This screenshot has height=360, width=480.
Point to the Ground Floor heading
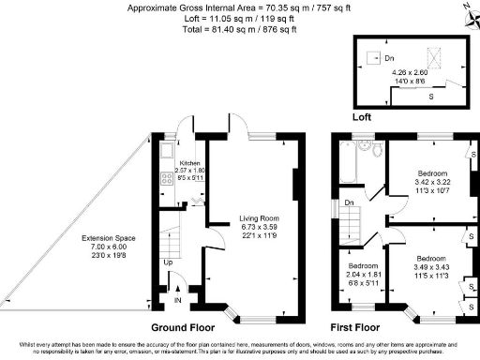pos(179,329)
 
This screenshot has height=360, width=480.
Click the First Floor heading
pos(355,329)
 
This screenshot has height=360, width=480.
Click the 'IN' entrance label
pos(178,302)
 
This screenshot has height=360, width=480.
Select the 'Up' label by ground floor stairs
pos(169,262)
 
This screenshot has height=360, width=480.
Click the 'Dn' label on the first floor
pos(349,202)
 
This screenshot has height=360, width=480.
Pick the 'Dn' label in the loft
pos(374,57)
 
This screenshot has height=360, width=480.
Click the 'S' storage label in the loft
pos(430,95)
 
